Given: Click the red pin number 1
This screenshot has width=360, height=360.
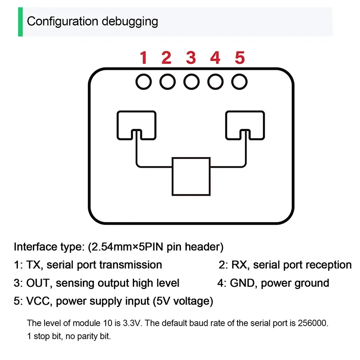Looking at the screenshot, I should coord(144,58).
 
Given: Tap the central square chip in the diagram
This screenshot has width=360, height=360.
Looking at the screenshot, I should coord(191,176).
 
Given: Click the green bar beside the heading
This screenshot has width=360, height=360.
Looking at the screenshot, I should coord(20,22).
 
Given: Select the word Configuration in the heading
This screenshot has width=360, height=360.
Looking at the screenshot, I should coord(56,21).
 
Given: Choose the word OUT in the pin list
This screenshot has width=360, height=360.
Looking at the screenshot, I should coord(37,283).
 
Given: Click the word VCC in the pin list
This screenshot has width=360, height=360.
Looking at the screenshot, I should coord(37,301).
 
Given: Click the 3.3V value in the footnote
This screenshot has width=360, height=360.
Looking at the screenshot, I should coord(118,323).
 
